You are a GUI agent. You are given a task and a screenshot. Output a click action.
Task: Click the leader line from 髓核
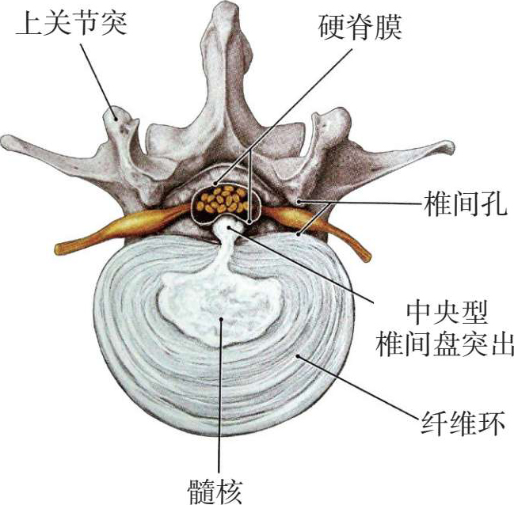(219, 396)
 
